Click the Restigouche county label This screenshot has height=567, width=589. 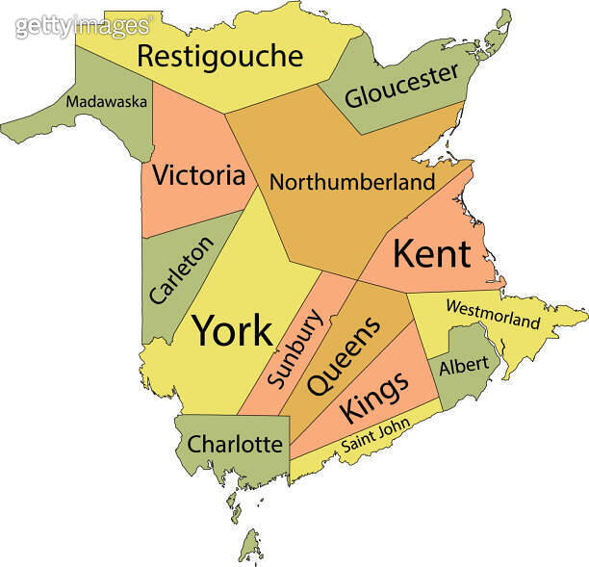pos(219,56)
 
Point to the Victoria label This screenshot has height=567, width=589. pos(198,176)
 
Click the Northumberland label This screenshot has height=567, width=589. pos(351,181)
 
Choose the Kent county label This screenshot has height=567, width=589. pos(431,254)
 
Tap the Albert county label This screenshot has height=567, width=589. pos(464,366)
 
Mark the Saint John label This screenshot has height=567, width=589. pos(376,436)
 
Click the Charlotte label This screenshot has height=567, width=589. pos(235,445)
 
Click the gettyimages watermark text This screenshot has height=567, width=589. pos(83,26)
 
